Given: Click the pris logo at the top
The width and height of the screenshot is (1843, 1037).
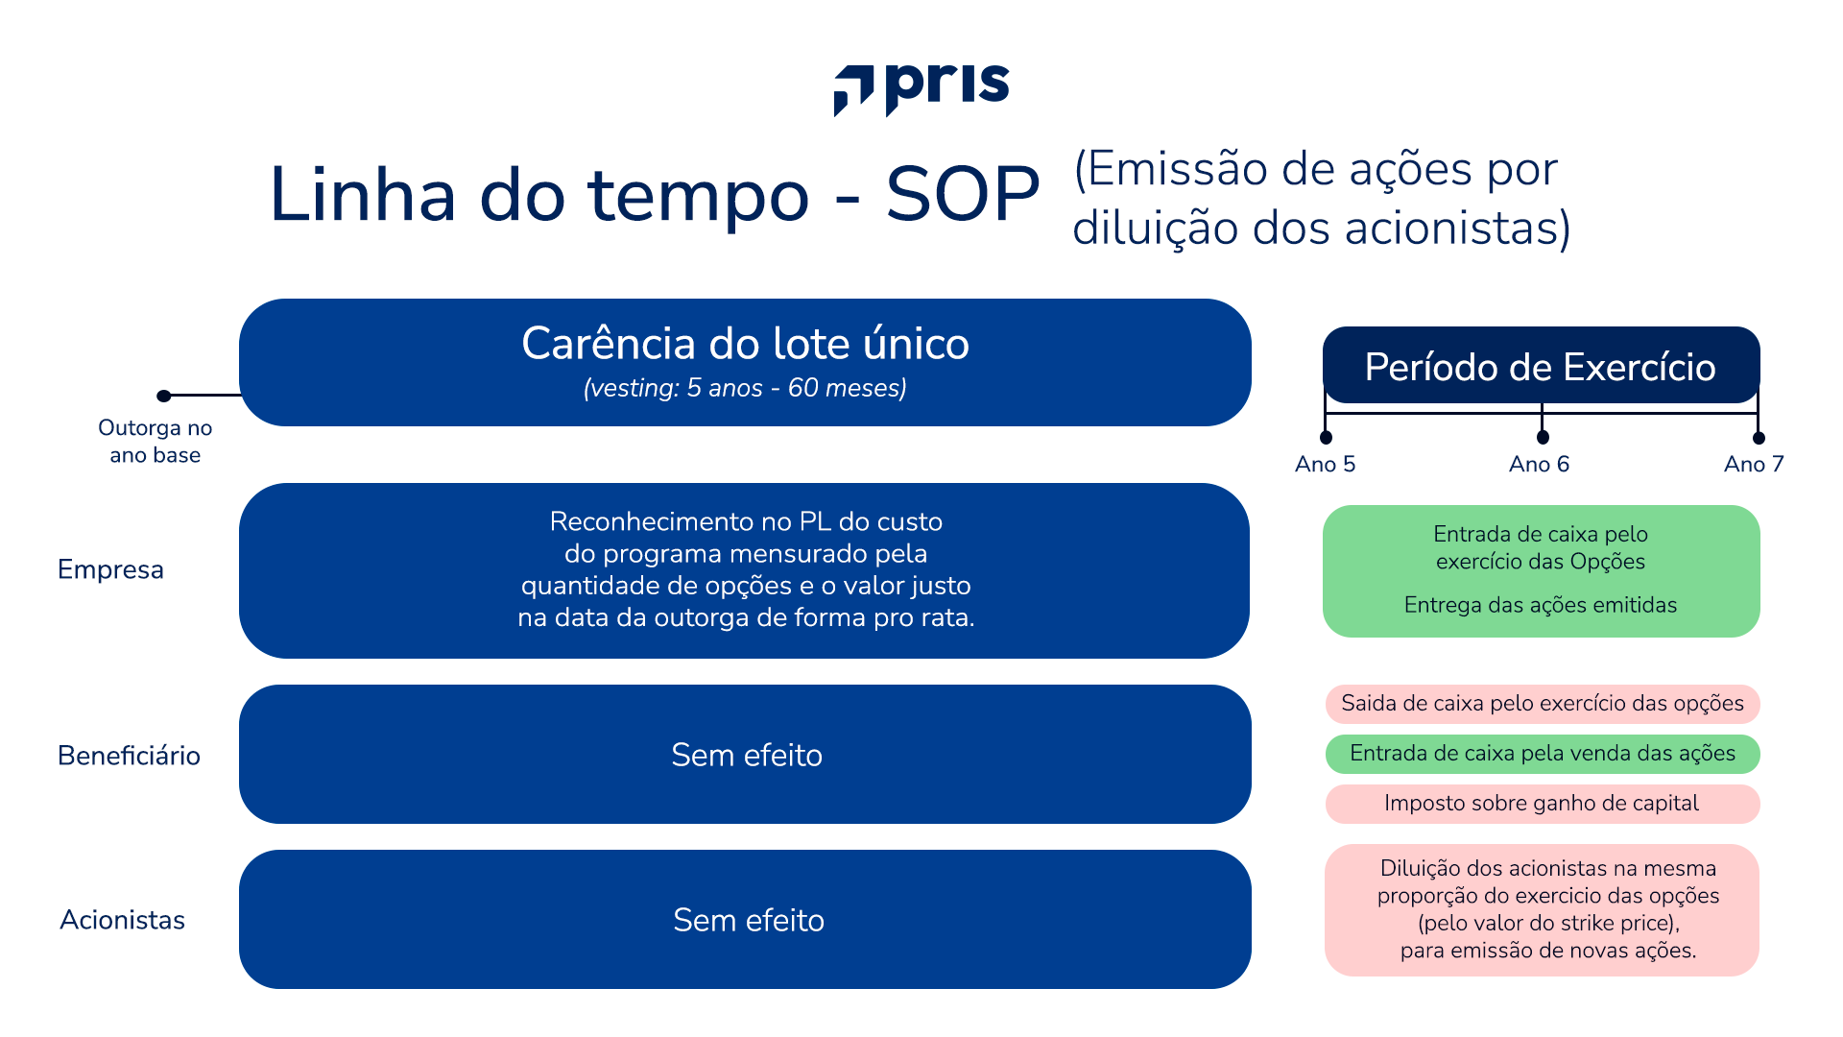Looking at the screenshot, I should click(921, 89).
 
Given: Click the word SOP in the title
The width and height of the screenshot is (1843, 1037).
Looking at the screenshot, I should click(962, 195).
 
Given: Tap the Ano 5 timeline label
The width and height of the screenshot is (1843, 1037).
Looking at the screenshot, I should click(1325, 465).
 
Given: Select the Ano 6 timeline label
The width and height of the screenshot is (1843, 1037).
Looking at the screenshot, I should click(1539, 465).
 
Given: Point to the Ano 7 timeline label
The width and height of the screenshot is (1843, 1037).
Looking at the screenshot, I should click(1754, 465).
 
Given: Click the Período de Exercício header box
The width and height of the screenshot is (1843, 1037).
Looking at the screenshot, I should click(1541, 366).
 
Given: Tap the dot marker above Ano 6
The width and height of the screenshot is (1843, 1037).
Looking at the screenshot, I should click(1543, 438).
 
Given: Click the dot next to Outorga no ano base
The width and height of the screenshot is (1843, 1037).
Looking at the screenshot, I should click(164, 396).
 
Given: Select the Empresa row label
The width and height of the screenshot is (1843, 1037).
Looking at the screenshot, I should click(110, 569).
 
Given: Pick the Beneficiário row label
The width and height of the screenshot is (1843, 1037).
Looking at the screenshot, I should click(129, 756).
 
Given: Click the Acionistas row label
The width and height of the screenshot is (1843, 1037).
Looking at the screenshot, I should click(122, 920).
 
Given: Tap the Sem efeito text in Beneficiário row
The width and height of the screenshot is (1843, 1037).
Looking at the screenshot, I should click(746, 756).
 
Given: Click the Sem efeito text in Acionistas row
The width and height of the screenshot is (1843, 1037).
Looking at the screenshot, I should click(748, 921).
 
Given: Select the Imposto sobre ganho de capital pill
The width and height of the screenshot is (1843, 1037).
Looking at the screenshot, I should click(1542, 804).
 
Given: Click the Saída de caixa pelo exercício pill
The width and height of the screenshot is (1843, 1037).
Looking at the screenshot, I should click(1542, 704).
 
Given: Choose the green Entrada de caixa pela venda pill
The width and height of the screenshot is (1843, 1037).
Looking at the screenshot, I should click(1542, 754).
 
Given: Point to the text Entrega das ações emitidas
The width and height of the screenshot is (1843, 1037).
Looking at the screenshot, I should click(1540, 605).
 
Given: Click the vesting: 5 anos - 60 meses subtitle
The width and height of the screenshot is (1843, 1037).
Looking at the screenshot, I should click(745, 388).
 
